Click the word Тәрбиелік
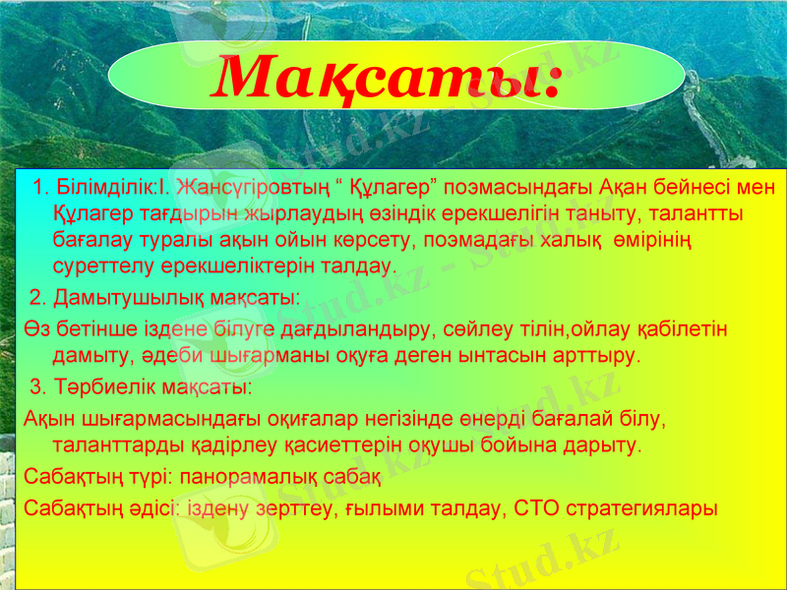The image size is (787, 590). (102, 383)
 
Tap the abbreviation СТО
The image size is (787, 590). (540, 509)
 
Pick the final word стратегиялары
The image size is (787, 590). (644, 509)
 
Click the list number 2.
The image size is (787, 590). (36, 298)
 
